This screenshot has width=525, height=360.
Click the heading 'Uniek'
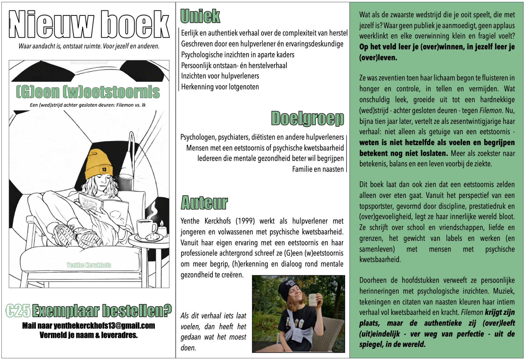[200, 16]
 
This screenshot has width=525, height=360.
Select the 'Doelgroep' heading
[307, 119]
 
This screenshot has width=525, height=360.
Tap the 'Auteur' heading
[204, 203]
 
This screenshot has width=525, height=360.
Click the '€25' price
[18, 311]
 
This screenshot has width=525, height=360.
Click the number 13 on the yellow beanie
[104, 169]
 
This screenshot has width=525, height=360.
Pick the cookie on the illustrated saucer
[152, 237]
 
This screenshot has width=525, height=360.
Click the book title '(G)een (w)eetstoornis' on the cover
[88, 92]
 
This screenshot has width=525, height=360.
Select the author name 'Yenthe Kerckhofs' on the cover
[89, 265]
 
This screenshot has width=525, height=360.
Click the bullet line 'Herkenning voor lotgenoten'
[220, 87]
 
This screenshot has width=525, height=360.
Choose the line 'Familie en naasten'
[318, 169]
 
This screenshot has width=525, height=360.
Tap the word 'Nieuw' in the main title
[51, 25]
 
